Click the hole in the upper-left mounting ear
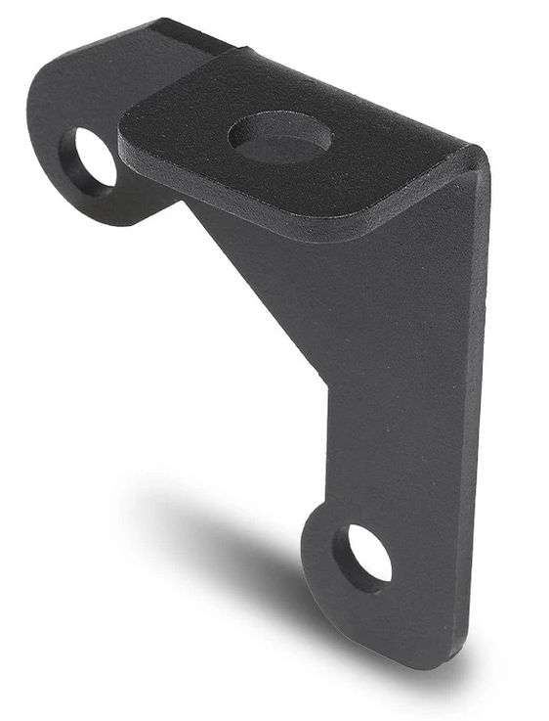tap(90, 158)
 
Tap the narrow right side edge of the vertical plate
tap(482, 391)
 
